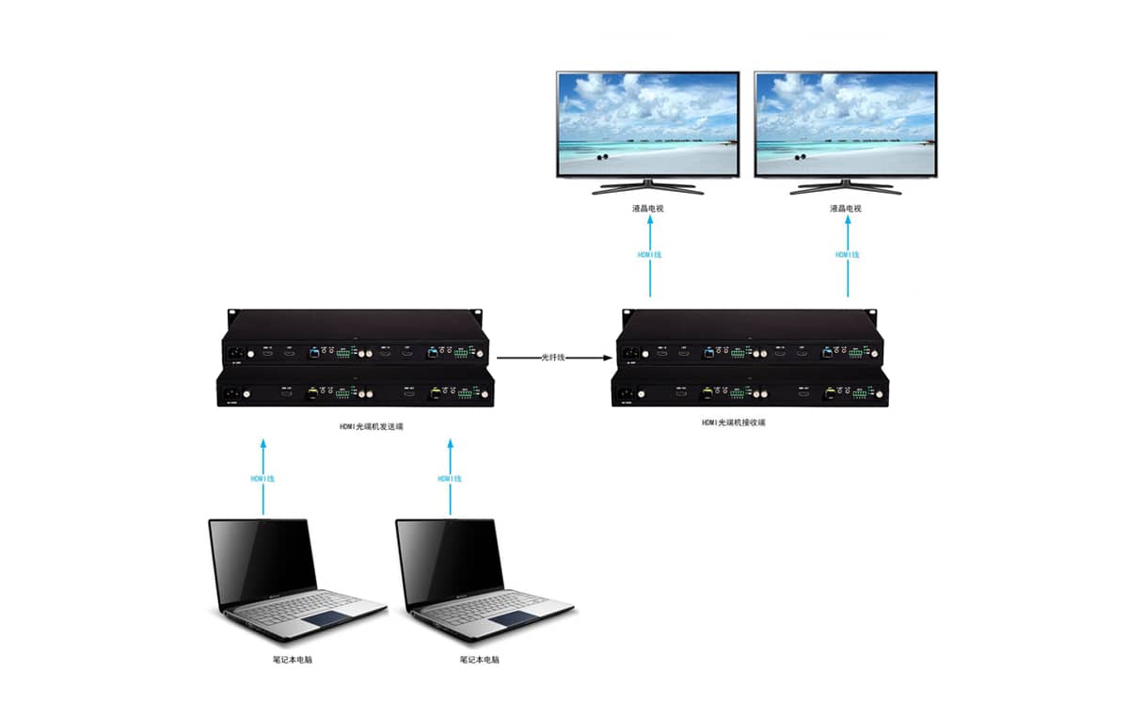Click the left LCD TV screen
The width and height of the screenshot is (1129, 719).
(x=647, y=124)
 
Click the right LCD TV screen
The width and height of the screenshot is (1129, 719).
(x=846, y=124)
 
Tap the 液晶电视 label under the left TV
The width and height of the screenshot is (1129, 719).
(x=648, y=208)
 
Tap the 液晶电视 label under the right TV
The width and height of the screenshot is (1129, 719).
(x=846, y=208)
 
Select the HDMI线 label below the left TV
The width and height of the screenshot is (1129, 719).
(x=649, y=254)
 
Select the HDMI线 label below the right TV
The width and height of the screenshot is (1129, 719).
(x=848, y=254)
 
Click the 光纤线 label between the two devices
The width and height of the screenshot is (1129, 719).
(x=552, y=358)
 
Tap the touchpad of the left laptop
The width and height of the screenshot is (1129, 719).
(x=326, y=619)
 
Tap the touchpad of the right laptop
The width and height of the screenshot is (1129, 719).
(x=513, y=619)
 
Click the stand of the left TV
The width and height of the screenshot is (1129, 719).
(x=648, y=186)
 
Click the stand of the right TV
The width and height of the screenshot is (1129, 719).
(x=846, y=186)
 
